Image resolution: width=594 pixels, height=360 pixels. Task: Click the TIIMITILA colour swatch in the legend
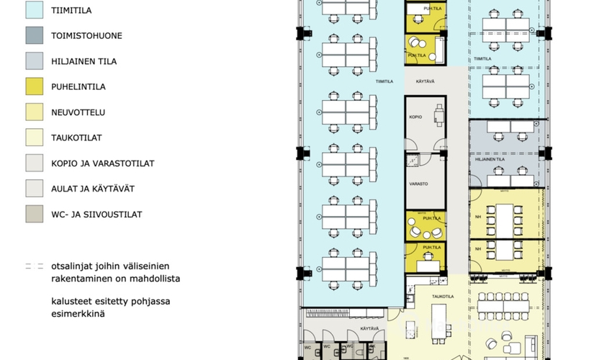click(x=34, y=9)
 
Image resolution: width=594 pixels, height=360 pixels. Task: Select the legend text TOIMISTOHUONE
click(x=86, y=35)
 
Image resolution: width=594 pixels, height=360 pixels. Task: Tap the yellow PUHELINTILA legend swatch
click(x=34, y=86)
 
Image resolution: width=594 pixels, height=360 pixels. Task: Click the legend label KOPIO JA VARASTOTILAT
click(x=102, y=163)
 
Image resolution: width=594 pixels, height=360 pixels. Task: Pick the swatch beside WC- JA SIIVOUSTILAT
click(x=34, y=214)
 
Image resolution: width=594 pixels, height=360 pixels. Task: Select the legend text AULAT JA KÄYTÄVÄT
click(x=93, y=189)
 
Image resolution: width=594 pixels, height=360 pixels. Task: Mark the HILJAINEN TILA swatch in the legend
click(x=34, y=60)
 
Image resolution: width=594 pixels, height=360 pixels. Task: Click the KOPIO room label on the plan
click(x=415, y=117)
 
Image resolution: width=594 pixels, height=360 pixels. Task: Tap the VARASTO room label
click(x=418, y=184)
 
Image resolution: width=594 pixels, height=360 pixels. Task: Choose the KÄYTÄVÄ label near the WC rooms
click(x=369, y=329)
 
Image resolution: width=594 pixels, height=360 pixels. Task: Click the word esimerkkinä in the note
click(x=83, y=314)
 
